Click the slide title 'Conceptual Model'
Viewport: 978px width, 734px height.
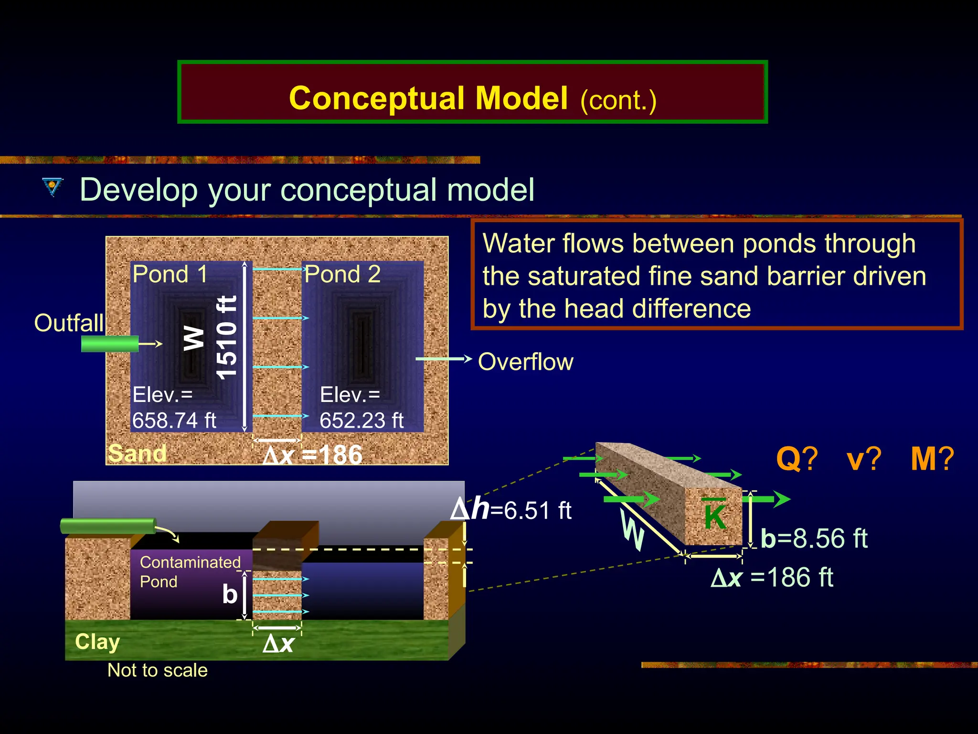click(x=428, y=98)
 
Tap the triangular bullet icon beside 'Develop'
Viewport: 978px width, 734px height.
click(x=52, y=187)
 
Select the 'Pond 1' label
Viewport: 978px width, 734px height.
click(x=170, y=274)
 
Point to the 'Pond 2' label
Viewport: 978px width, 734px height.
click(x=342, y=274)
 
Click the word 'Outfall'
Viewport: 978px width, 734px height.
click(x=69, y=323)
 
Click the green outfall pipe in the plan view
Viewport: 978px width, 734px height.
click(x=109, y=344)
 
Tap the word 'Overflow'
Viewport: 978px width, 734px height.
click(x=525, y=362)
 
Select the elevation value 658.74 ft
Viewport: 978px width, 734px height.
click(x=174, y=421)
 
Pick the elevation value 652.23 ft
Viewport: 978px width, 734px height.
click(x=361, y=421)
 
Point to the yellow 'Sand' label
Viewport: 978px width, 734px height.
click(x=137, y=453)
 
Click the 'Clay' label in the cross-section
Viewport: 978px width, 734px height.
click(x=97, y=642)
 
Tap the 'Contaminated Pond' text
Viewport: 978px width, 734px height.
click(x=190, y=572)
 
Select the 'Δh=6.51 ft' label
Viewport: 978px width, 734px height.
click(x=511, y=509)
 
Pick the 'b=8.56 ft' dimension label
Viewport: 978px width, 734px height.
click(x=814, y=538)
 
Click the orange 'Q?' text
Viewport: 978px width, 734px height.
click(x=797, y=459)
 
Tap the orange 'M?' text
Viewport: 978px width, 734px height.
click(x=932, y=459)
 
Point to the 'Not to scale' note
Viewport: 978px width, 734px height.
click(x=158, y=670)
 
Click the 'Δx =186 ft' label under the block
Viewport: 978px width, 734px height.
click(x=772, y=577)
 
